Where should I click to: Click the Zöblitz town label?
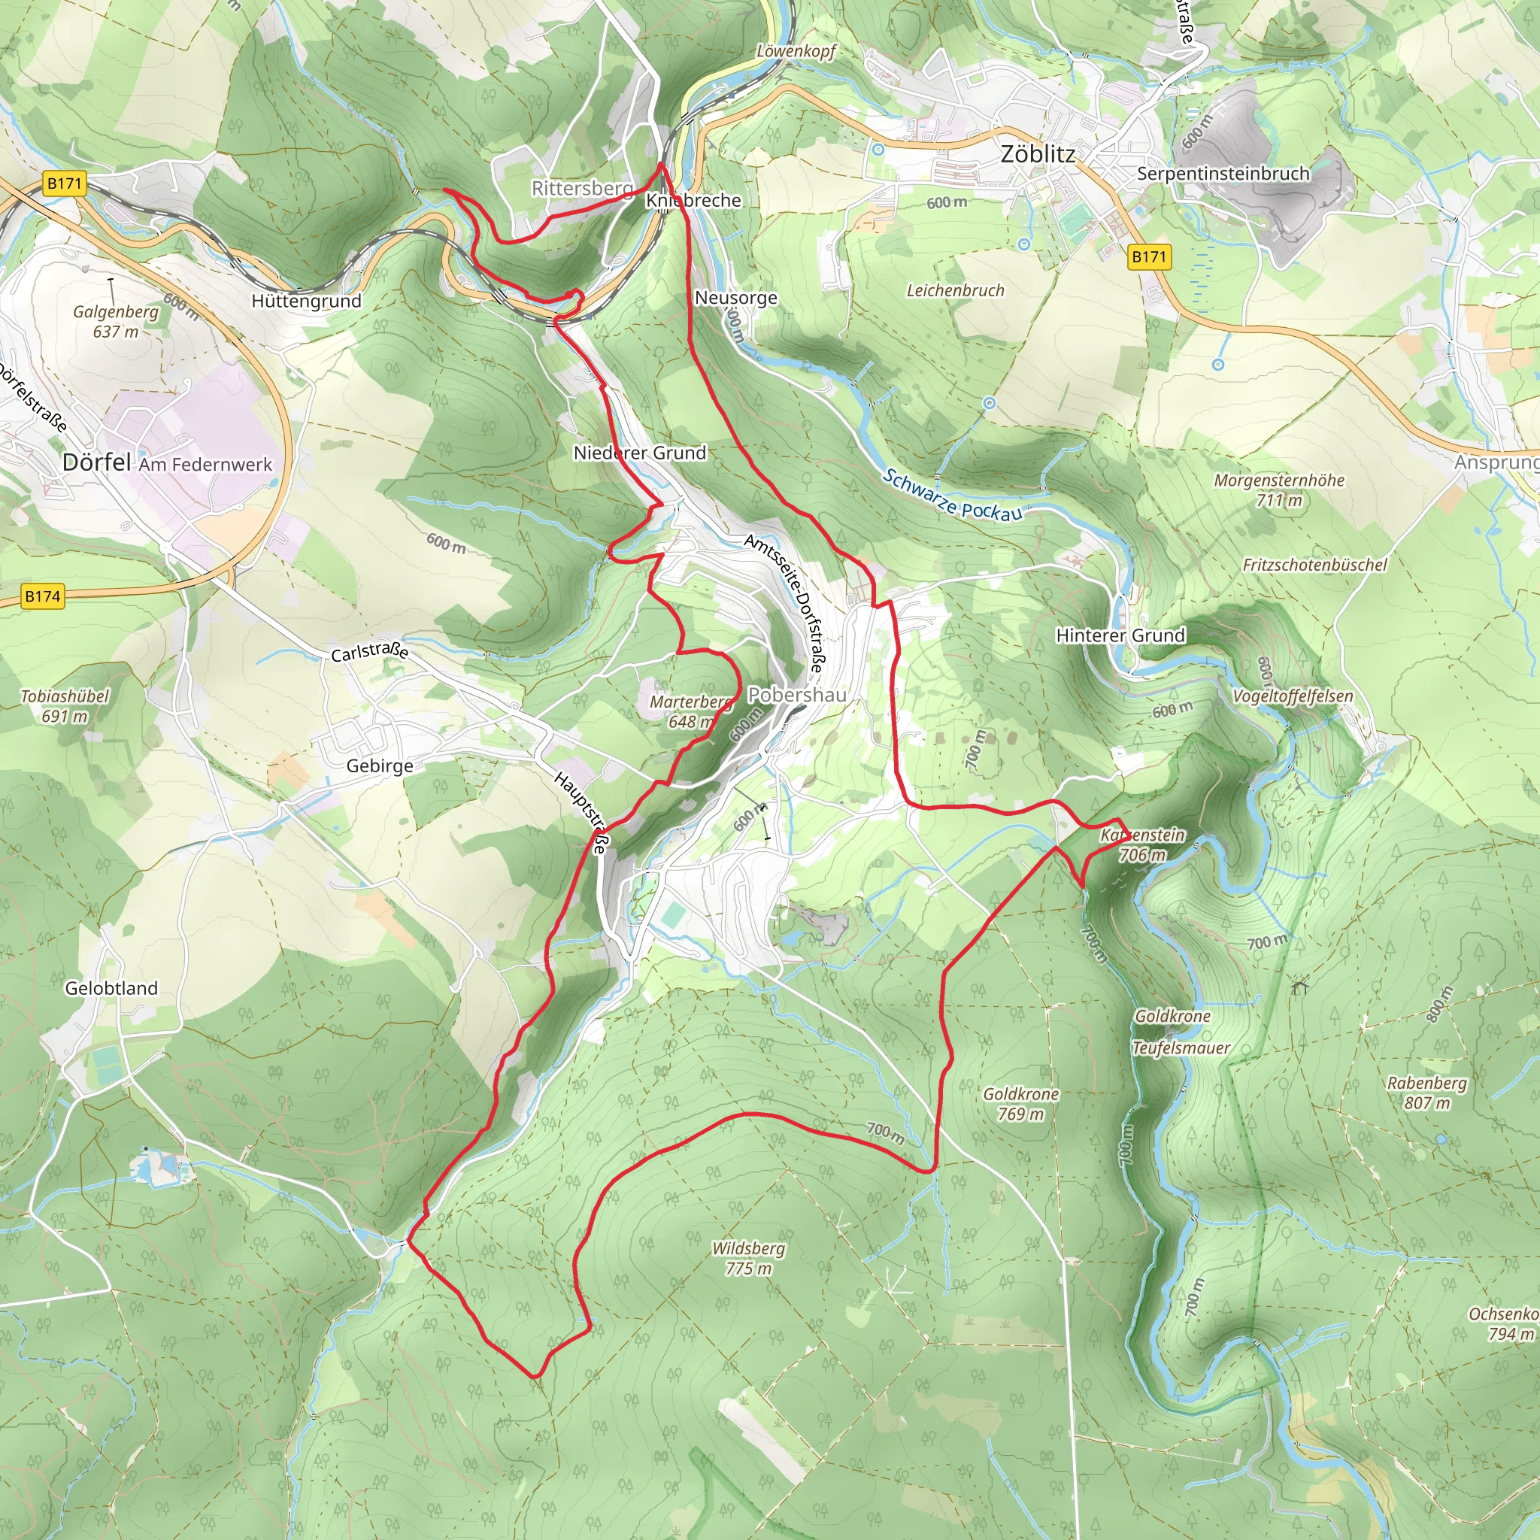pyautogui.click(x=1037, y=154)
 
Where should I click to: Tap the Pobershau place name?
pyautogui.click(x=796, y=695)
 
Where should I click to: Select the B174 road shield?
pyautogui.click(x=42, y=596)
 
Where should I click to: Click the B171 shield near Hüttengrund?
pyautogui.click(x=65, y=184)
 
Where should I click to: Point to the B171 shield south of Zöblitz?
pyautogui.click(x=1149, y=256)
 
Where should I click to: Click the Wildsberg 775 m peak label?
pyautogui.click(x=748, y=1258)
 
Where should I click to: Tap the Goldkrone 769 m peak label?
pyautogui.click(x=1020, y=1104)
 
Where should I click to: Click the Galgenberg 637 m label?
pyautogui.click(x=116, y=321)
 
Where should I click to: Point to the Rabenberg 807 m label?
pyautogui.click(x=1426, y=1093)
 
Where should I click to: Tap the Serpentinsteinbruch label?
pyautogui.click(x=1223, y=174)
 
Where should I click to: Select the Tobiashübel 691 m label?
pyautogui.click(x=65, y=705)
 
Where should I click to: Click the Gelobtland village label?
pyautogui.click(x=111, y=988)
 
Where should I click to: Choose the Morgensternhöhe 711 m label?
pyautogui.click(x=1278, y=490)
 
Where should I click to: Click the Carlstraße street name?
pyautogui.click(x=370, y=651)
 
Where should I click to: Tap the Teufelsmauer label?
pyautogui.click(x=1181, y=1048)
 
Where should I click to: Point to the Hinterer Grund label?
pyautogui.click(x=1120, y=635)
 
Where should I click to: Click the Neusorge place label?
pyautogui.click(x=735, y=298)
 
